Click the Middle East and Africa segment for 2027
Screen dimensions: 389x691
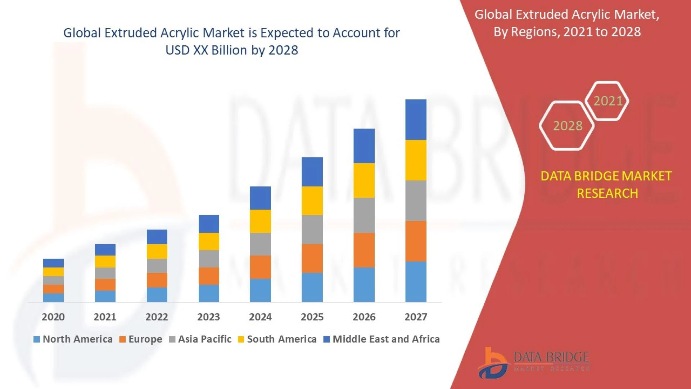[x=416, y=120]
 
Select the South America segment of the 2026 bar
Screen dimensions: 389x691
[x=364, y=180]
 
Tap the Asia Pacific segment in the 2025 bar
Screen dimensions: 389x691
[x=312, y=229]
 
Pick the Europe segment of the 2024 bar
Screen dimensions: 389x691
[x=260, y=267]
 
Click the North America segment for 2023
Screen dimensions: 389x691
[x=209, y=293]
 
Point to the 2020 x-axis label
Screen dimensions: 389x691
[x=53, y=317]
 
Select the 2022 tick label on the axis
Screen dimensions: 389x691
[x=157, y=317]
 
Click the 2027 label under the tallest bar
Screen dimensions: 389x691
[x=416, y=317]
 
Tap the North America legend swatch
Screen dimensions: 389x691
[x=36, y=339]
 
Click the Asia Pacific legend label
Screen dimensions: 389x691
[x=204, y=339]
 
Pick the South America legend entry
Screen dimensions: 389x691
[x=281, y=339]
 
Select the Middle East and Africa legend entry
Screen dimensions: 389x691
[x=386, y=339]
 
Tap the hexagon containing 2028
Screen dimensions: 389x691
[x=567, y=126]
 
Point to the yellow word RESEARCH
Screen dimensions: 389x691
[x=607, y=193]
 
